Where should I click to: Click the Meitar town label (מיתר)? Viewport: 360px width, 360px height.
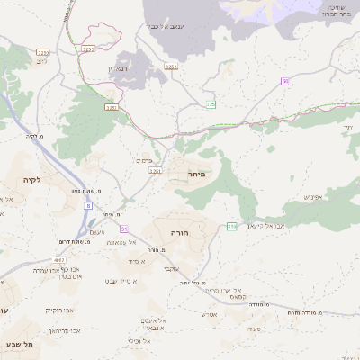point(197,173)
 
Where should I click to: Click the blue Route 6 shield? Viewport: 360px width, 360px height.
point(88,206)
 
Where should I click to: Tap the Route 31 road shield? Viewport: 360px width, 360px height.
point(123,229)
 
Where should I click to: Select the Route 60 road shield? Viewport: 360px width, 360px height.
point(284,82)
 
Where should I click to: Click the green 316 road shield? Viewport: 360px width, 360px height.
point(231,225)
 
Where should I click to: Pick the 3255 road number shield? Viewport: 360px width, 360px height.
point(87,49)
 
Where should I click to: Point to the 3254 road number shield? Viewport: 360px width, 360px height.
point(171,67)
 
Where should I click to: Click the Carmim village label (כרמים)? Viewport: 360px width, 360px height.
point(143,160)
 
